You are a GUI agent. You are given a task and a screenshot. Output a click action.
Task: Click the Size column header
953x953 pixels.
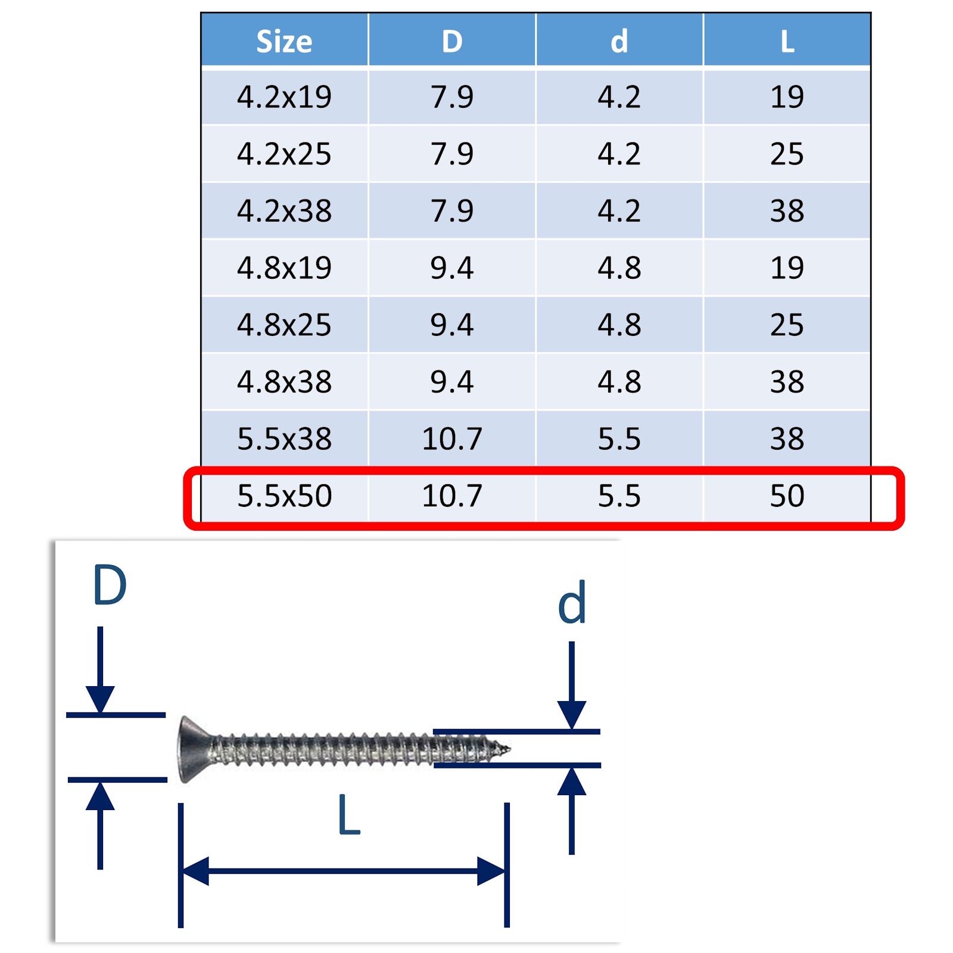tap(284, 41)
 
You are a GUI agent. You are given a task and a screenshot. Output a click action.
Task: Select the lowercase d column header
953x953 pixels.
tap(619, 41)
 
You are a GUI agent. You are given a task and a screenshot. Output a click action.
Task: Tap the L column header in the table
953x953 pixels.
tap(787, 41)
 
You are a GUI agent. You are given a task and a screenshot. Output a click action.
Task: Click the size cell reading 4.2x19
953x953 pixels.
tap(284, 96)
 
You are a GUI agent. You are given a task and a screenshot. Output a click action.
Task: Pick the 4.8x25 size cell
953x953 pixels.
tap(284, 325)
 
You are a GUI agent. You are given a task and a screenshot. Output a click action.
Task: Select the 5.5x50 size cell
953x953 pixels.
tap(284, 496)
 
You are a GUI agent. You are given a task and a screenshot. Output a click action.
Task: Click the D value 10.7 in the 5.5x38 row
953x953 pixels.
tap(452, 439)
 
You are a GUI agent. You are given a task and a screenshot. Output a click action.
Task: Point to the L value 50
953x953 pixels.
tap(787, 496)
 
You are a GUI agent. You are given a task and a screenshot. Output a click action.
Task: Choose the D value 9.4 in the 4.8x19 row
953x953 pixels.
tap(452, 267)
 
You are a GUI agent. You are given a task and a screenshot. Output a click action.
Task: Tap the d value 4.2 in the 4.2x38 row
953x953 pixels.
tap(619, 211)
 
